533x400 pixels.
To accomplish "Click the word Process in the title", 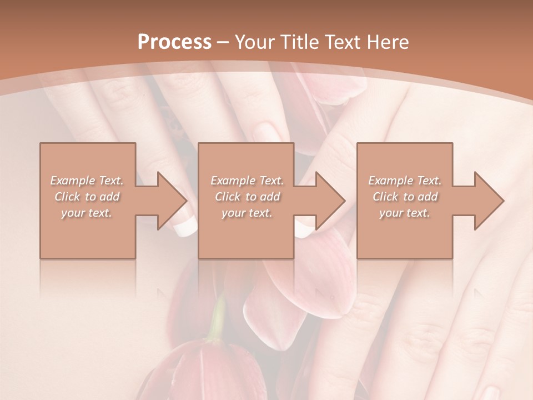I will pyautogui.click(x=174, y=42).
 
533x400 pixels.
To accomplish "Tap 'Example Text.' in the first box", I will pyautogui.click(x=87, y=181).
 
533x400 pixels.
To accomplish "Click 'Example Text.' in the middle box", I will pyautogui.click(x=247, y=181).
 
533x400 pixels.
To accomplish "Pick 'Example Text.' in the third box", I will pyautogui.click(x=405, y=181).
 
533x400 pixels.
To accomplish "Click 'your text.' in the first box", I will pyautogui.click(x=87, y=213).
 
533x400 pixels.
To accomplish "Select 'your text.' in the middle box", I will pyautogui.click(x=247, y=213).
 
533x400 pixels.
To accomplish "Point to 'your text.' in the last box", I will pyautogui.click(x=405, y=213).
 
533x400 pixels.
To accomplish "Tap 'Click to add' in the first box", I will pyautogui.click(x=87, y=197).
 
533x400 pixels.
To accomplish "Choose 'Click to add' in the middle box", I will pyautogui.click(x=247, y=197).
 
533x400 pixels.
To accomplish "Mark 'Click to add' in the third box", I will pyautogui.click(x=405, y=197).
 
